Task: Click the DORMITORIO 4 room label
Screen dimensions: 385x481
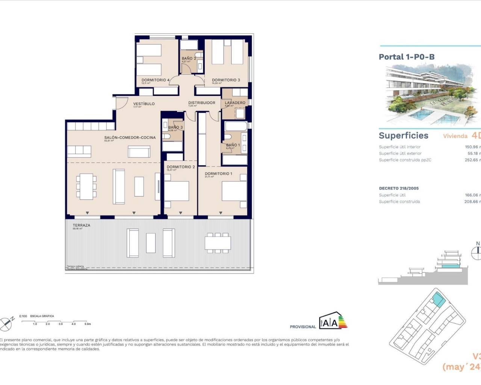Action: pos(156,80)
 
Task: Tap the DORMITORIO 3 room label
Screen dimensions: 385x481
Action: pos(226,80)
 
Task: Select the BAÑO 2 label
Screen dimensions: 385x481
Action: pos(189,59)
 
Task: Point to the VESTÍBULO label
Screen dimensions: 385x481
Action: pos(144,104)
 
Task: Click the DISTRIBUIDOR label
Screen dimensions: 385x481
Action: pos(202,103)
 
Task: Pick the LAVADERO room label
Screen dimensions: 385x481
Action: pos(235,103)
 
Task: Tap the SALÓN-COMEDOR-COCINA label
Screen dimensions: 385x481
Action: pos(130,138)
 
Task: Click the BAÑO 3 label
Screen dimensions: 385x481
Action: pos(175,127)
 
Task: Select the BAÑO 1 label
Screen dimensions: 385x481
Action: pos(233,145)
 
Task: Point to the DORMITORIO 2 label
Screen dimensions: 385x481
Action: pos(181,167)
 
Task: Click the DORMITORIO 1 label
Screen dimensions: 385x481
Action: pos(218,174)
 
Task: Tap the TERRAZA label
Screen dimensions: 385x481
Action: pos(82,225)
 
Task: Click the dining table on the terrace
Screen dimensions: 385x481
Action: pos(218,242)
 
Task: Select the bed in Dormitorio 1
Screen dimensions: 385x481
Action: pos(234,191)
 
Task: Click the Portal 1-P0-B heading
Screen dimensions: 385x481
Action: pos(407,57)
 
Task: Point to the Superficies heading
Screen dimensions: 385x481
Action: pos(404,136)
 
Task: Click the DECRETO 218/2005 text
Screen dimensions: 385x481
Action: pos(399,188)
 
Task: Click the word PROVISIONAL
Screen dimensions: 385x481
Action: pos(303,327)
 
